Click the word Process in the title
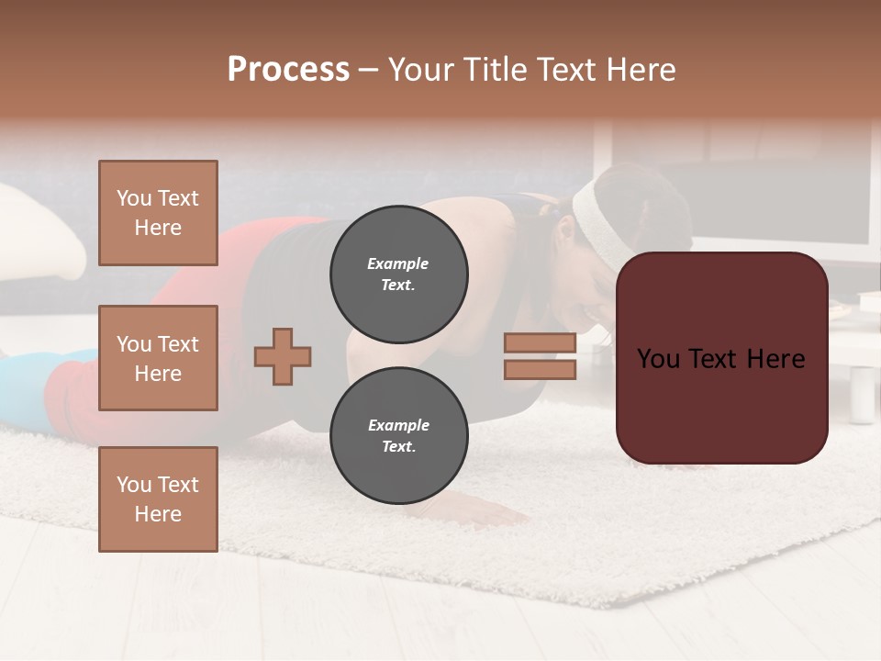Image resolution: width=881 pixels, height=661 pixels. coord(288,70)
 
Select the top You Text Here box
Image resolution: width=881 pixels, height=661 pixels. coord(158,213)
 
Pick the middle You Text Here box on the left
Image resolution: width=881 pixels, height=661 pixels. coord(158,358)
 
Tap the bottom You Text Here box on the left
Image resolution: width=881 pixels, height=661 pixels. coord(158,499)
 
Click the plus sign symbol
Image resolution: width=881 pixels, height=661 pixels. coord(283,356)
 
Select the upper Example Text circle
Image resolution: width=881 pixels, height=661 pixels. coord(398,274)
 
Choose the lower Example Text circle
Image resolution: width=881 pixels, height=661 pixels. coord(398,436)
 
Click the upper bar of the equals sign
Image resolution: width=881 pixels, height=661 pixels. coord(540,342)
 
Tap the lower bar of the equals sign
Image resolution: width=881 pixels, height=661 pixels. coord(540,370)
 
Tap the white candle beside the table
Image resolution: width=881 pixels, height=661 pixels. coord(862,394)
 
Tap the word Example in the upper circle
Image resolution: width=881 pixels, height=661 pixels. coord(397,263)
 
